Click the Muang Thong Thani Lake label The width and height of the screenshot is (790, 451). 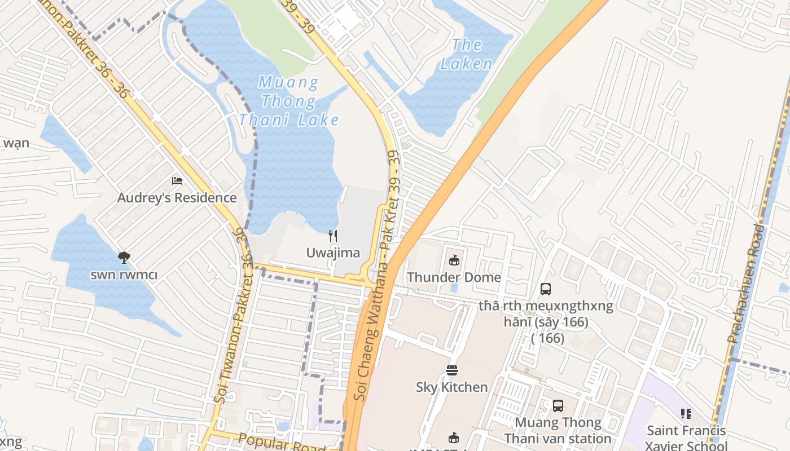pos(289,101)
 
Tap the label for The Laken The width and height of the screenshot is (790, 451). pos(467,54)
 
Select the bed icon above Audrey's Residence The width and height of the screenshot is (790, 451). pos(177,181)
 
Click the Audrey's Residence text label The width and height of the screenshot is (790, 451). pos(177,198)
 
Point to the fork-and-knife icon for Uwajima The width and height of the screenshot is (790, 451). pos(333,236)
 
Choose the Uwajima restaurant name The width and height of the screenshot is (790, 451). pos(333,253)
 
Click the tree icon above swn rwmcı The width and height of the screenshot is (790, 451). pos(124,258)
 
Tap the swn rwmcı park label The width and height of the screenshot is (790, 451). pos(124,275)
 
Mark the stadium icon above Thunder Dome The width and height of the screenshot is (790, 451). pos(454,260)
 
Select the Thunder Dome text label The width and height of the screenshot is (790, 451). pos(454,277)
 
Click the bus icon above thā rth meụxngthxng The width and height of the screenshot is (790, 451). pos(546,289)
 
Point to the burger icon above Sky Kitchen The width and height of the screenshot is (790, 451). pos(452,370)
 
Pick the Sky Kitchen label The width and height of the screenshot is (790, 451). pos(452,387)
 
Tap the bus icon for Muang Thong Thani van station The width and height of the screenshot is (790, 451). pos(558,405)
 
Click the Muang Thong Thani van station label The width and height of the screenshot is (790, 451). pos(558,430)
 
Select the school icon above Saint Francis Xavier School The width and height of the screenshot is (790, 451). pos(686,414)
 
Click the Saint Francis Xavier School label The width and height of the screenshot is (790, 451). pos(686,437)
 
